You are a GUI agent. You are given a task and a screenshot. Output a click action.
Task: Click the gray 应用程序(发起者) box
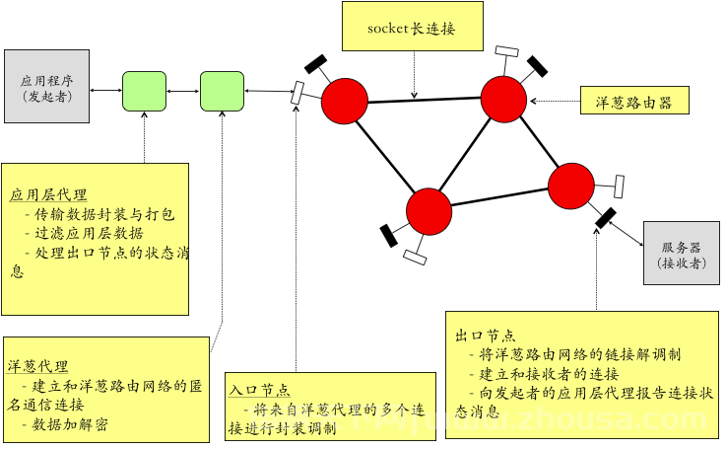click(46, 86)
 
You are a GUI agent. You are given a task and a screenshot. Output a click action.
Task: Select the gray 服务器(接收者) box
click(682, 253)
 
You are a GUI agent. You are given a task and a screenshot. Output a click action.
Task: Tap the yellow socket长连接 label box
click(413, 26)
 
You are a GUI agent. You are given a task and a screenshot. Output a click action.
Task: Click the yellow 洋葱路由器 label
click(634, 101)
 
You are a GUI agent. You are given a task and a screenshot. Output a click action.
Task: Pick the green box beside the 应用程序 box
click(144, 92)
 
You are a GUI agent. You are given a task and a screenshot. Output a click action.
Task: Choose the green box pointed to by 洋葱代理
click(222, 92)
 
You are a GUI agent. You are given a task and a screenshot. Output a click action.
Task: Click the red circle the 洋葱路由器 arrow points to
click(503, 100)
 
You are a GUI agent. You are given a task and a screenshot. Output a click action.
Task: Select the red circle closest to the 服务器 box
click(571, 186)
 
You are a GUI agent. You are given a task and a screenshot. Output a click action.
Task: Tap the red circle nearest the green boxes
click(345, 101)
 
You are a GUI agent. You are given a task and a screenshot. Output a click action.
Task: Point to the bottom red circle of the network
click(429, 211)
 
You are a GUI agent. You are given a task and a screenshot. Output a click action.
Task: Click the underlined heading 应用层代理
click(48, 194)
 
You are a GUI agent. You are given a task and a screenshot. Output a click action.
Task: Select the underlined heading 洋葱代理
click(38, 366)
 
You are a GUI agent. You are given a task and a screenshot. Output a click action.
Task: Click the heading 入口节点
click(259, 390)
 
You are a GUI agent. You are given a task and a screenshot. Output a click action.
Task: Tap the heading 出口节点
click(486, 336)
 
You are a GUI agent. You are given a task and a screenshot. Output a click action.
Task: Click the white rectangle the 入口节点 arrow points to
click(297, 93)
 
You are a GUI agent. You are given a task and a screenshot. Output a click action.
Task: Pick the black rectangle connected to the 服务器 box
click(606, 217)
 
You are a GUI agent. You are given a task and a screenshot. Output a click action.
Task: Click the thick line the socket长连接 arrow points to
click(425, 101)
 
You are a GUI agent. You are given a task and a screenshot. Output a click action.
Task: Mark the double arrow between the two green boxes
click(183, 92)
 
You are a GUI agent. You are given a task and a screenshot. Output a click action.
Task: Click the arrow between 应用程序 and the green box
click(105, 90)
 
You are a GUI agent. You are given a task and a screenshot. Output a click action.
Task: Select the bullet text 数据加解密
click(70, 424)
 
